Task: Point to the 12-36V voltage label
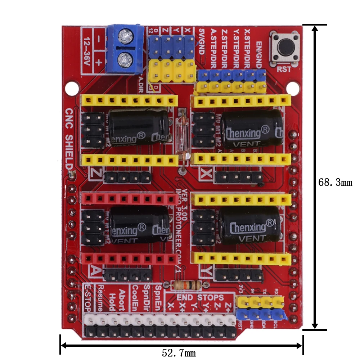(x=86, y=51)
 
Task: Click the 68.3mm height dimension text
(x=335, y=183)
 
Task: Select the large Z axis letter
(x=95, y=174)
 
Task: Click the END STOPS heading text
(x=201, y=298)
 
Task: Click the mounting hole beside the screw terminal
(x=72, y=87)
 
